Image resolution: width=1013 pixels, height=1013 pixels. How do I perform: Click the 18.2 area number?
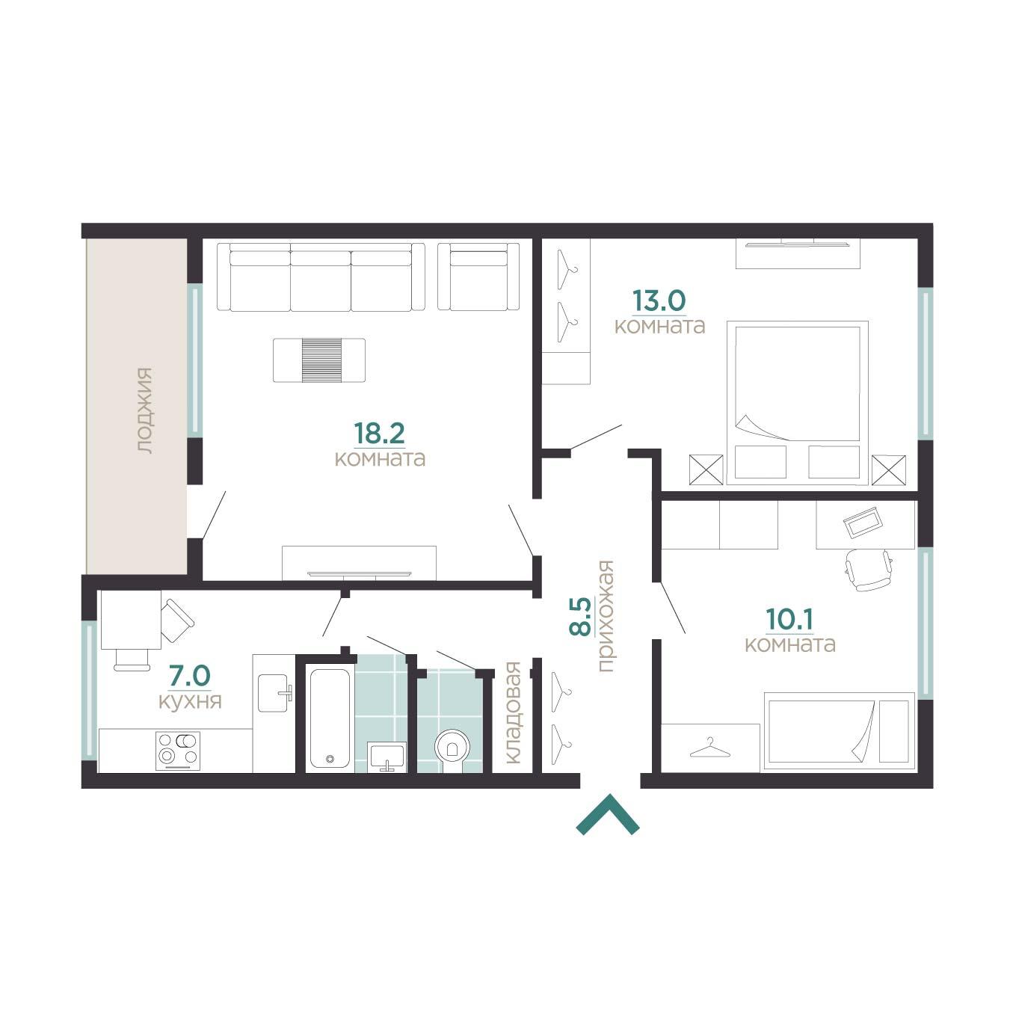click(x=379, y=434)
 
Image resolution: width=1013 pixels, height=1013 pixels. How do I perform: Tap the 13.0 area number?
click(x=659, y=301)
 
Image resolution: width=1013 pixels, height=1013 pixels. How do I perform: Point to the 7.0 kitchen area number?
click(x=189, y=676)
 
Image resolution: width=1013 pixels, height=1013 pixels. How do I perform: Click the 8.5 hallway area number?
click(x=580, y=618)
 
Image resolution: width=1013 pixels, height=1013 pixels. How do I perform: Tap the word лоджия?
click(x=144, y=410)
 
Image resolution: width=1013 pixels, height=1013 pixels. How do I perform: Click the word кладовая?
click(x=512, y=712)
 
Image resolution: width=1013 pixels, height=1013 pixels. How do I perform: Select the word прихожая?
click(x=606, y=617)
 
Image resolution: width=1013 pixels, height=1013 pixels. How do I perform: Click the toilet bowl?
click(x=452, y=750)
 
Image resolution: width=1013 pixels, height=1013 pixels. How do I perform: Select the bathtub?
click(x=330, y=718)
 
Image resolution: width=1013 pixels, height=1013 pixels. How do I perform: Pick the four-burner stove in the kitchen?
click(x=178, y=751)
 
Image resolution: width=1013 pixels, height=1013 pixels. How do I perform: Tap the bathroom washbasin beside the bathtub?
click(x=387, y=757)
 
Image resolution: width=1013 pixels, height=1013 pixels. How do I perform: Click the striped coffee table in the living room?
click(x=319, y=360)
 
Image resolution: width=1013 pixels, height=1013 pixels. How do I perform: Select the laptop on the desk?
click(x=861, y=522)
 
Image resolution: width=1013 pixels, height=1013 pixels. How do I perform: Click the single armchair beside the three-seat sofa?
click(x=478, y=277)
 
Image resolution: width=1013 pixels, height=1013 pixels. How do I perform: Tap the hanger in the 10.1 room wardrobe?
click(x=710, y=748)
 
